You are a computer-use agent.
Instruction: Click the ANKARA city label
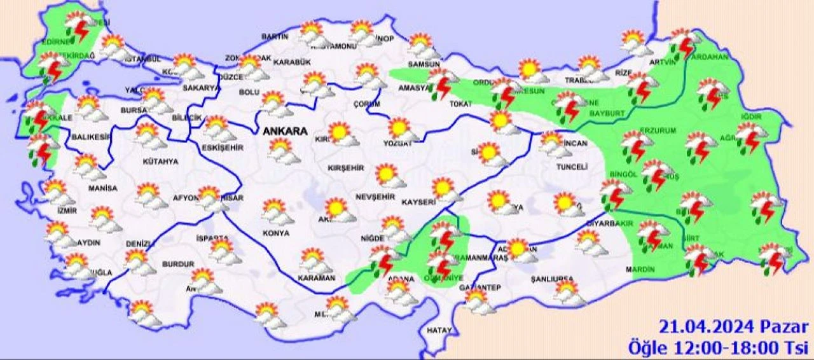pyautogui.click(x=284, y=132)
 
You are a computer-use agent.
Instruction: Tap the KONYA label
pyautogui.click(x=275, y=233)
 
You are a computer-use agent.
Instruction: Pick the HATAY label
pyautogui.click(x=439, y=331)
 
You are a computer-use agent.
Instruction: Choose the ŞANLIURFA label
pyautogui.click(x=553, y=279)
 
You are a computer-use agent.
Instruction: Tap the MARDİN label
pyautogui.click(x=640, y=270)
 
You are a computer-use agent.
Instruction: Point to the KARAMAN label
pyautogui.click(x=315, y=278)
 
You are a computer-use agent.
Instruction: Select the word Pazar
pyautogui.click(x=784, y=328)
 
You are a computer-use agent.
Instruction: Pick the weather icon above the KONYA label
pyautogui.click(x=277, y=211)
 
